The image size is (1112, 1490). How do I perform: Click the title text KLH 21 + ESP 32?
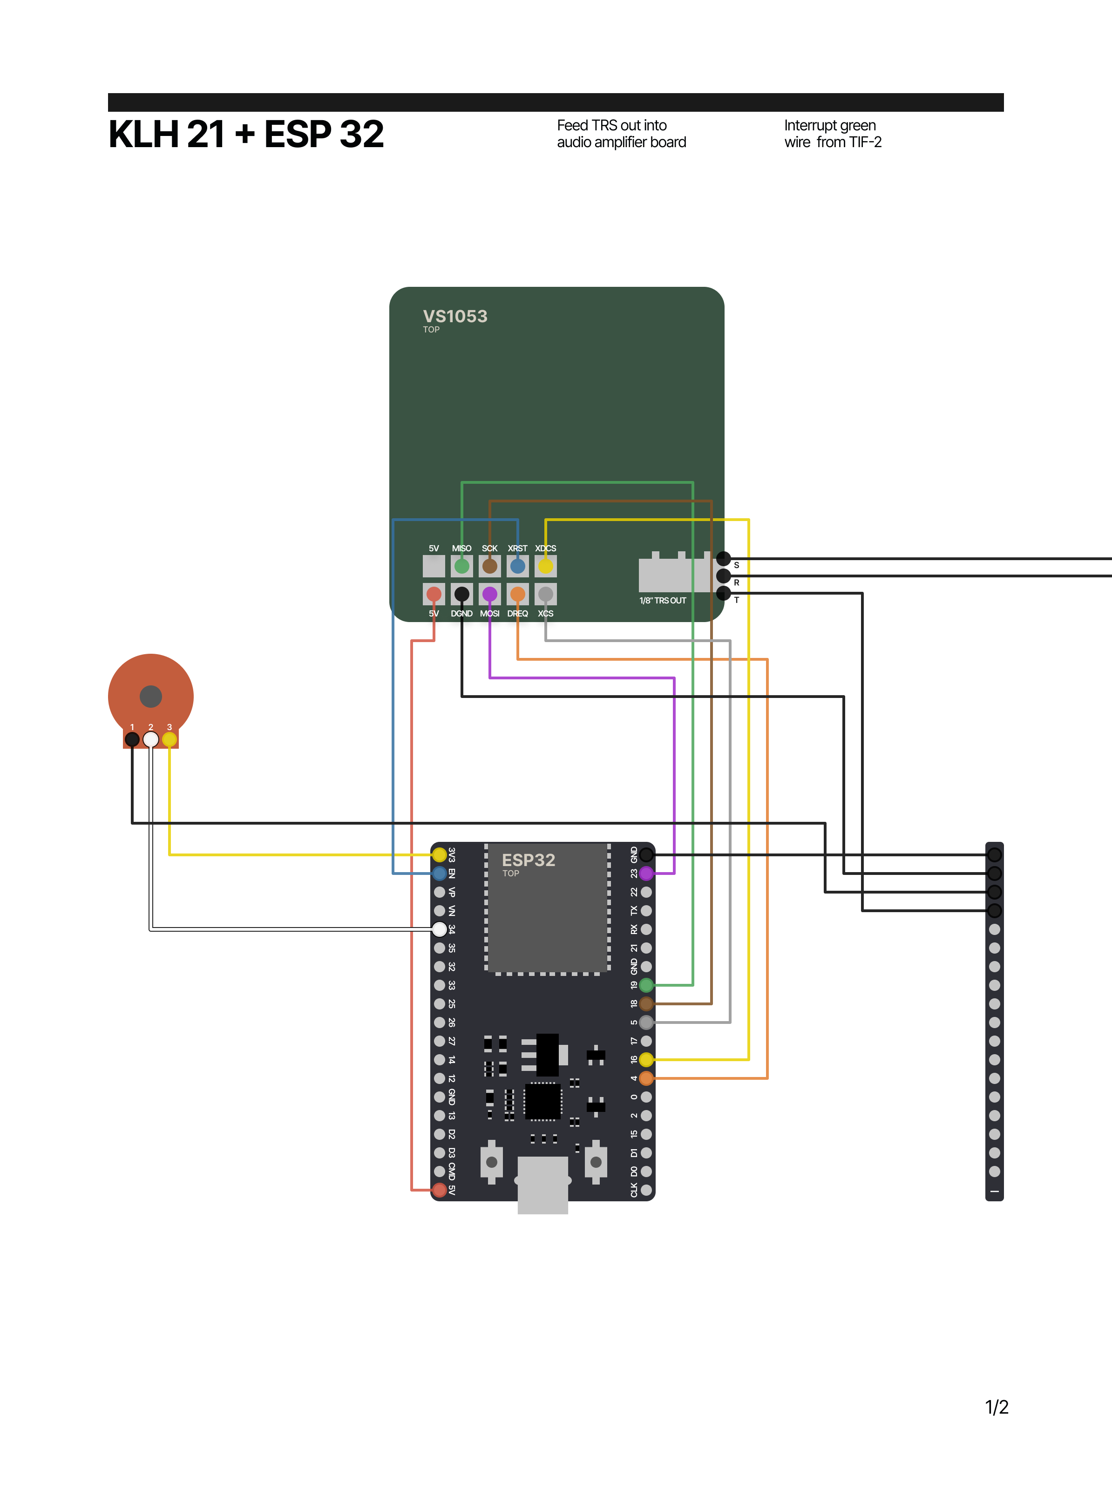point(246,134)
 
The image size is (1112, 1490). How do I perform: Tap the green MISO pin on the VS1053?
point(462,566)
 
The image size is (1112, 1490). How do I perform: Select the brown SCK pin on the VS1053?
point(489,566)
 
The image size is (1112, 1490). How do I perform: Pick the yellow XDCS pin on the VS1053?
point(545,566)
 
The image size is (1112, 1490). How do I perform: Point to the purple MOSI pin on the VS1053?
point(489,594)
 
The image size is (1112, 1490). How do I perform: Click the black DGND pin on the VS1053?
point(462,594)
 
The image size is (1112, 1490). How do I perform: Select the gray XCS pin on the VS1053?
point(545,594)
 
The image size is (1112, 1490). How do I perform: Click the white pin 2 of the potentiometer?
point(151,739)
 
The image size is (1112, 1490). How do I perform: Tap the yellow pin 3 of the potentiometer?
point(170,739)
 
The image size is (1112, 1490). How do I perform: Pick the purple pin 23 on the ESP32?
point(646,873)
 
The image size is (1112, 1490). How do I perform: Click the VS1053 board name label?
point(455,316)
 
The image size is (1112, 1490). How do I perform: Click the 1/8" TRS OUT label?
point(662,600)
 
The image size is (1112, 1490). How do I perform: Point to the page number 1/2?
point(996,1407)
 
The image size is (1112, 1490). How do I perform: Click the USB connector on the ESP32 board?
point(542,1185)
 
